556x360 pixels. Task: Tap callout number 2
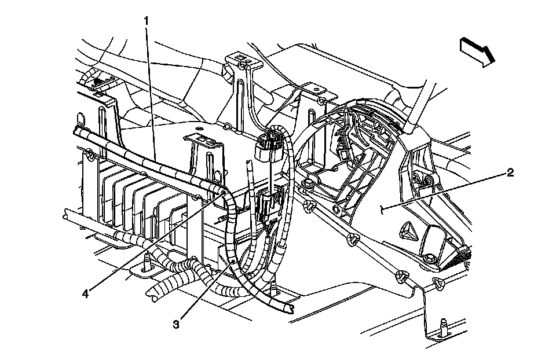pos(509,173)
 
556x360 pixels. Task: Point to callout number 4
pos(86,293)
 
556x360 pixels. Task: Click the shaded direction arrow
pos(478,50)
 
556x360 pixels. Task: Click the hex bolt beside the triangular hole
pos(431,258)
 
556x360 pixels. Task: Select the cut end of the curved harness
pos(289,308)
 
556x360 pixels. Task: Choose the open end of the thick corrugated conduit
pos(155,297)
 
